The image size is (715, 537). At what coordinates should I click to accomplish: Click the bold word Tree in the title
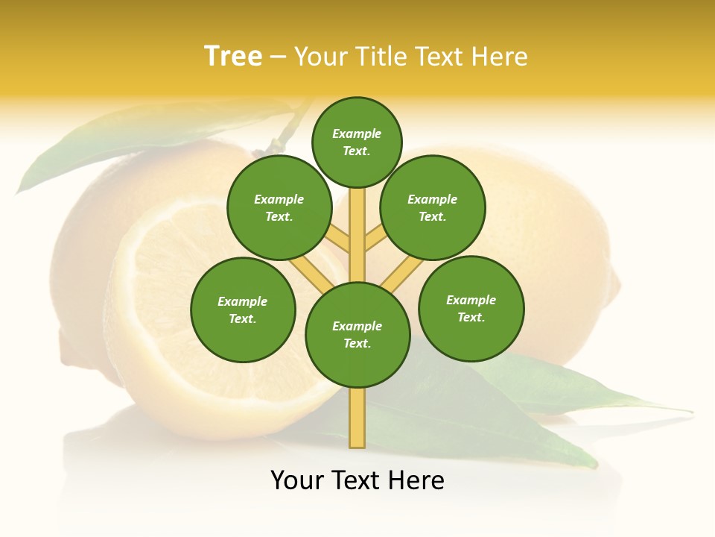(233, 56)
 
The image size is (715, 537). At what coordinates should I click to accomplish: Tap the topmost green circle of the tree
(357, 142)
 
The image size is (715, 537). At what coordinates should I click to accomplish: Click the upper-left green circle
(279, 207)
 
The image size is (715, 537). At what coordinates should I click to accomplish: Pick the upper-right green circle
(433, 207)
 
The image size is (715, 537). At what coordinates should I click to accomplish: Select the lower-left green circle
(243, 310)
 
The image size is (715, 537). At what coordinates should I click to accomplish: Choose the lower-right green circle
(471, 308)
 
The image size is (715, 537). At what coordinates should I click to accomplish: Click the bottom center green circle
(357, 335)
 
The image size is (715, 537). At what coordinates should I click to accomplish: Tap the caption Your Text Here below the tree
(357, 480)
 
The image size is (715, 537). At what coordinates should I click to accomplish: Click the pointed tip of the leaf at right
(689, 410)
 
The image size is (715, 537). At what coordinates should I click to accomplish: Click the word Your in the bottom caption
(298, 480)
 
